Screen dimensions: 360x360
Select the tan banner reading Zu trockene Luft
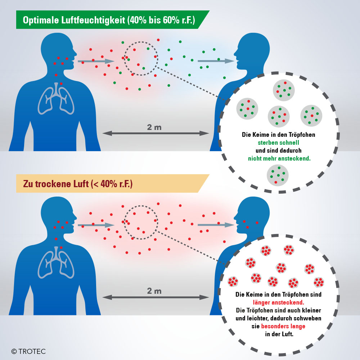(x=108, y=184)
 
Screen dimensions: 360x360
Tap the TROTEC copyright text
(x=29, y=351)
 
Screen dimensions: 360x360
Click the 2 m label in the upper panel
(x=154, y=127)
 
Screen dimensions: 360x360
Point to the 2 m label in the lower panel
(x=154, y=291)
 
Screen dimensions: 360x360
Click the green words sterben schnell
(x=279, y=143)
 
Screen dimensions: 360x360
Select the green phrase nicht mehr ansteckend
(x=279, y=158)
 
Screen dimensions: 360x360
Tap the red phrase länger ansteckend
(x=278, y=302)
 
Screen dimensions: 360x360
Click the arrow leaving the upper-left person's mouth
(x=96, y=62)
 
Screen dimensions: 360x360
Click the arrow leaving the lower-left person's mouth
(x=96, y=225)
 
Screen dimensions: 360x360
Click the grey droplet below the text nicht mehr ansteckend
(x=278, y=175)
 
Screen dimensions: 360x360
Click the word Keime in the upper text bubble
(x=264, y=135)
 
